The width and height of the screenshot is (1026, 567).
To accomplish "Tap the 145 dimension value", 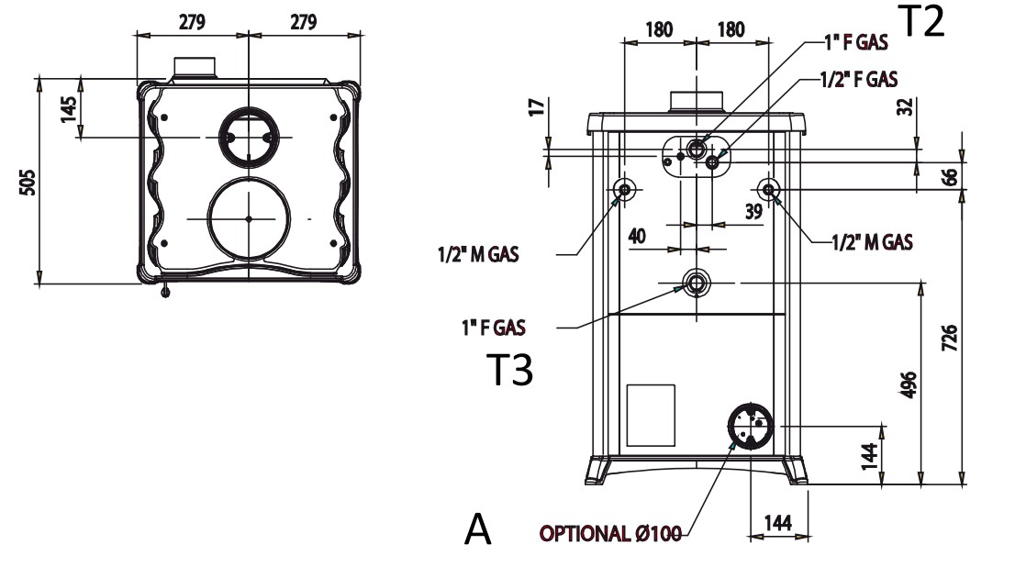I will tap(67, 107).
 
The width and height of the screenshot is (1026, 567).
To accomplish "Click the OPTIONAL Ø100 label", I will tap(609, 534).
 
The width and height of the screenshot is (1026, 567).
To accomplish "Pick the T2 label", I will tap(920, 22).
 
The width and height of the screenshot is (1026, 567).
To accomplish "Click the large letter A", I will tap(478, 529).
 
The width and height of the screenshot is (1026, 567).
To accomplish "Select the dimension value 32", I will tap(905, 106).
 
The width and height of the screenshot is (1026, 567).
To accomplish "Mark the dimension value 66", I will tap(950, 176).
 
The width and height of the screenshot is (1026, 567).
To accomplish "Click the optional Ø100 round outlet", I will tap(751, 426).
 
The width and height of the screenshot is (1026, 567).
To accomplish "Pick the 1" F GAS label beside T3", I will tap(494, 326).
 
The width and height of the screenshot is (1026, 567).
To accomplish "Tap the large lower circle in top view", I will tap(249, 218).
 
